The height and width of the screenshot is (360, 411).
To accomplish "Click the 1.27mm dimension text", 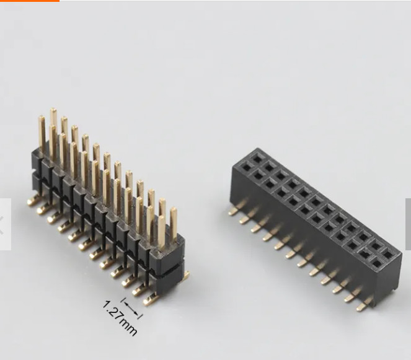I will [x=118, y=318].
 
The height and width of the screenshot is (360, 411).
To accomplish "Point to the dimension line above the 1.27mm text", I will [x=131, y=308].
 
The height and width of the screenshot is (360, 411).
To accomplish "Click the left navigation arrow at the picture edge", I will [x=5, y=224].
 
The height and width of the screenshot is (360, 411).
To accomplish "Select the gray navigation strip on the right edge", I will [x=408, y=224].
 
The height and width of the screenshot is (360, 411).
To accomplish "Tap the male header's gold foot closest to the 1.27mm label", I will [x=149, y=301].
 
